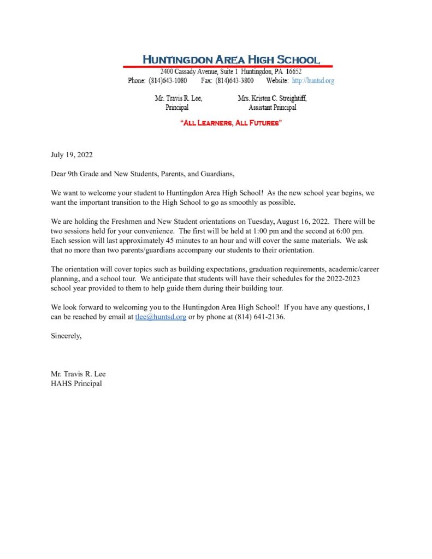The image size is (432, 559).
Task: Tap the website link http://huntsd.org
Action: point(313,81)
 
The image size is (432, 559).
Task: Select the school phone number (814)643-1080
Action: point(168,81)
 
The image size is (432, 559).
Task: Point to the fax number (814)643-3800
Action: point(234,81)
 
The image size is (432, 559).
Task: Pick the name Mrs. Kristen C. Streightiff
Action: point(272,99)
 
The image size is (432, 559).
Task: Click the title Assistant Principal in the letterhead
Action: point(272,108)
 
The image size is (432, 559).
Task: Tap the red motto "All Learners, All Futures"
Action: point(231,124)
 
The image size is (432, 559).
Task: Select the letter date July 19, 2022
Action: point(72,155)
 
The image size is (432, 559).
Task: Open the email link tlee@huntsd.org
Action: point(161,317)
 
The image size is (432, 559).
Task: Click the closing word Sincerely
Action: point(66,336)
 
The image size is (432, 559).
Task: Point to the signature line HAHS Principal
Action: point(76,383)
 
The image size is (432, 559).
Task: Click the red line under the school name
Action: point(227,66)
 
